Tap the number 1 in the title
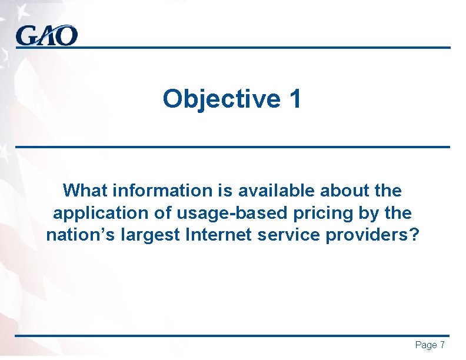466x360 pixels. point(295,99)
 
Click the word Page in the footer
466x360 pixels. point(425,345)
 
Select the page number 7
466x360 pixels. point(442,345)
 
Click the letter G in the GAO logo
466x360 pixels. point(26,36)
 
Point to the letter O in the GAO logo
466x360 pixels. point(66,36)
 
